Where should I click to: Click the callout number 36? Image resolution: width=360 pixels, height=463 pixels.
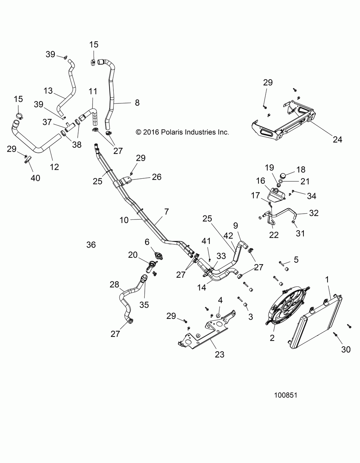[x=91, y=245]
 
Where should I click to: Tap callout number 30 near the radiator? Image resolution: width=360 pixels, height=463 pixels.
[x=346, y=350]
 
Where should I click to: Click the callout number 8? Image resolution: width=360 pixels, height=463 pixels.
[x=137, y=103]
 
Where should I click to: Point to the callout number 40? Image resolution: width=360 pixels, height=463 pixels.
[x=35, y=178]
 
